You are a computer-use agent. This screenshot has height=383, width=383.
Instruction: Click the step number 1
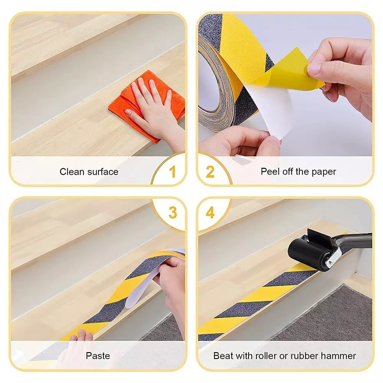tap(173, 171)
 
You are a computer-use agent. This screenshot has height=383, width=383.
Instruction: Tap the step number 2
tap(210, 171)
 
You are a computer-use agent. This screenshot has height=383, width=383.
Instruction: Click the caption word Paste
tap(98, 356)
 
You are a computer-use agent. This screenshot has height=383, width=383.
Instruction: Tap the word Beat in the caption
tap(223, 356)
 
